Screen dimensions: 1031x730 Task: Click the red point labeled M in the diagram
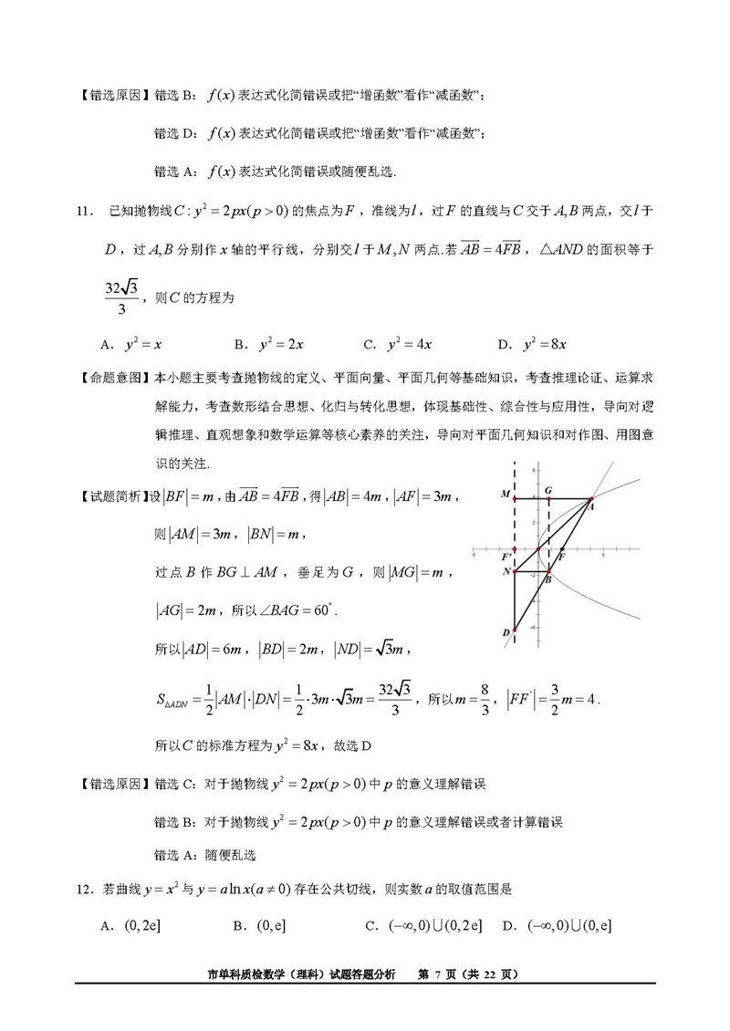pos(515,498)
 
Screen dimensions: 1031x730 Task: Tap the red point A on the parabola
pos(591,500)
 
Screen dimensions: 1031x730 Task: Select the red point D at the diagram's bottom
pos(515,630)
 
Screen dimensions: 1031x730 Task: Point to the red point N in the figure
pos(515,572)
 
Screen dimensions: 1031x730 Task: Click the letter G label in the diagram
pos(547,490)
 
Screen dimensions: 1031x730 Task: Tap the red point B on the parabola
pos(546,572)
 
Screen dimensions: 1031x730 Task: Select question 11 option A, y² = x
pos(132,345)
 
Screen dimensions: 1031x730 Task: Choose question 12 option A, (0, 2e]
pos(132,926)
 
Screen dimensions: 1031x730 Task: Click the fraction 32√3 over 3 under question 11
pos(120,297)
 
